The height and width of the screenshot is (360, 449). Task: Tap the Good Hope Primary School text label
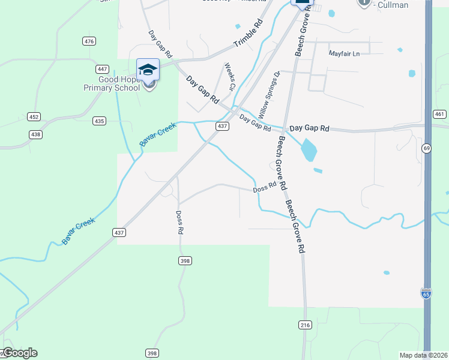click(x=111, y=83)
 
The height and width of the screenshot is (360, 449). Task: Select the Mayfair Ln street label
click(x=344, y=53)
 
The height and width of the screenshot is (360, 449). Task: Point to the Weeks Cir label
click(x=229, y=77)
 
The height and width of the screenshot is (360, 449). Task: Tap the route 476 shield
click(x=89, y=41)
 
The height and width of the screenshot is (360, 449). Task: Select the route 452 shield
click(x=34, y=116)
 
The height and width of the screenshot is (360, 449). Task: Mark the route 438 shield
click(x=36, y=134)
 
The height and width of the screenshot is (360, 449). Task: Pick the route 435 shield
click(x=99, y=121)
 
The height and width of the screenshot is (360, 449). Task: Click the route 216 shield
click(x=306, y=325)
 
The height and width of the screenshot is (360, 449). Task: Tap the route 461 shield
click(x=439, y=114)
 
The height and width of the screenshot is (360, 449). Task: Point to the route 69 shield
click(x=427, y=148)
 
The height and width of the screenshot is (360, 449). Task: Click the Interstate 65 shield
click(x=426, y=293)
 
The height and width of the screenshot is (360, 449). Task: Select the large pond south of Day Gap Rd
click(x=308, y=151)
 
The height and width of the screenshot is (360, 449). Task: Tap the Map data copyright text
click(x=423, y=355)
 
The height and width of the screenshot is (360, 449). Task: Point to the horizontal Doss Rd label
click(x=264, y=188)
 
